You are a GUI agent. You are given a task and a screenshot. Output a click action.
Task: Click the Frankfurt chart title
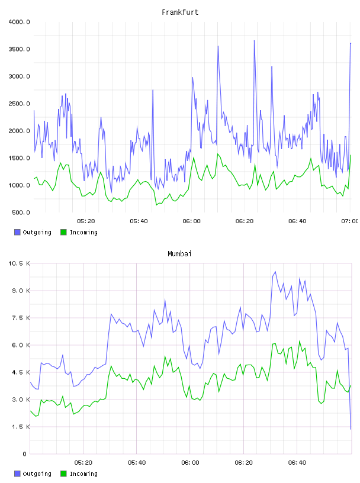tap(180, 12)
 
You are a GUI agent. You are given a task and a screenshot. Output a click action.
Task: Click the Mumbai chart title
tap(179, 254)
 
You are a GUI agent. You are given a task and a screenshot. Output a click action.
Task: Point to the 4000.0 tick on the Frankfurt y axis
tap(19, 22)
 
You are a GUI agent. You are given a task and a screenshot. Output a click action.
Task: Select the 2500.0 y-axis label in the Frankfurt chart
tap(19, 104)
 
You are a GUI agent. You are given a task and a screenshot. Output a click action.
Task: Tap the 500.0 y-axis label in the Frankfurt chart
tap(21, 212)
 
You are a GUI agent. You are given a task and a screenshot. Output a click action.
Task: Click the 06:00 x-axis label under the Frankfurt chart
tap(191, 221)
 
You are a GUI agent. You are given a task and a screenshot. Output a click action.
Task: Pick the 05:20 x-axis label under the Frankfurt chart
tap(86, 221)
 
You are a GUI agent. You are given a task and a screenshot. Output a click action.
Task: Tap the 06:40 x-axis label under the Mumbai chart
tap(297, 463)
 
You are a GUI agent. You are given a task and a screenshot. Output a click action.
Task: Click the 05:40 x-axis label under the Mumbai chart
tap(137, 463)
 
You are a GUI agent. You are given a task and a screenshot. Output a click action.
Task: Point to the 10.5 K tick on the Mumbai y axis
tap(19, 263)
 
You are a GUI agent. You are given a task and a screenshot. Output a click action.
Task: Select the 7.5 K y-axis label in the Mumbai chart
tap(21, 318)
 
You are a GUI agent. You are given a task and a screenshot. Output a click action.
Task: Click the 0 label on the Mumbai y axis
tap(25, 454)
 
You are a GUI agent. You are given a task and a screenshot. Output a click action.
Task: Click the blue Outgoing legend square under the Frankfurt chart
tap(17, 232)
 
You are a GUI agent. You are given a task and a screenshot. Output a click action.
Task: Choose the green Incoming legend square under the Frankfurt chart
tap(63, 232)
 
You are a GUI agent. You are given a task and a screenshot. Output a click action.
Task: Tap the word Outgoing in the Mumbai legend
tap(37, 474)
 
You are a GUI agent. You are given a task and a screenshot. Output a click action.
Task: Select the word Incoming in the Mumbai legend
tap(83, 474)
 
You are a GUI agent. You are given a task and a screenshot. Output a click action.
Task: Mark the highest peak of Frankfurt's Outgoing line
tap(254, 40)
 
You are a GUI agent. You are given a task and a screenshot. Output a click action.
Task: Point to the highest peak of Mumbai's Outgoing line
tap(275, 272)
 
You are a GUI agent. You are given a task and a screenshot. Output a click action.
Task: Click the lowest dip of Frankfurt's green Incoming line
tap(156, 205)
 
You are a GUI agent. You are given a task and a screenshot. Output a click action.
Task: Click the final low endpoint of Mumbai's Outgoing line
tap(351, 429)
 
